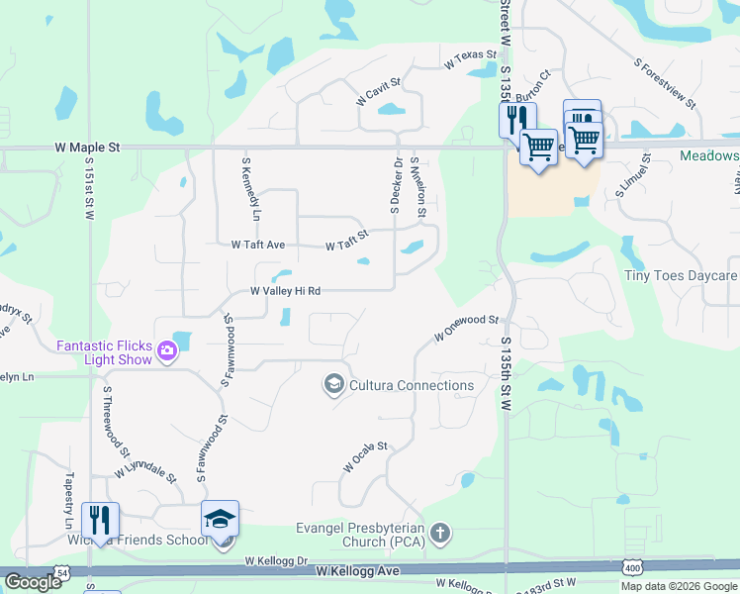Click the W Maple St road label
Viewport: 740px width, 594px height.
click(87, 147)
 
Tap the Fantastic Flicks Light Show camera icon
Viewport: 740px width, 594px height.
click(167, 348)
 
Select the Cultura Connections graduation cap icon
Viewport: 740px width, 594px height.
click(334, 384)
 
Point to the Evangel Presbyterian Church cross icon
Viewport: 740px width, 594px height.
click(440, 535)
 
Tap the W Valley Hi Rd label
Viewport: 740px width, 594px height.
click(285, 291)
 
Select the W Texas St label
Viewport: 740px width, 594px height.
click(469, 60)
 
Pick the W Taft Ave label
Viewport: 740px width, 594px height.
click(257, 244)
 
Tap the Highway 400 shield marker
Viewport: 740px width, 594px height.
click(631, 566)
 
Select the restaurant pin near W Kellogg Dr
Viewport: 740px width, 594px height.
click(101, 519)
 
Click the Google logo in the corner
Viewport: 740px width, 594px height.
click(34, 581)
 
